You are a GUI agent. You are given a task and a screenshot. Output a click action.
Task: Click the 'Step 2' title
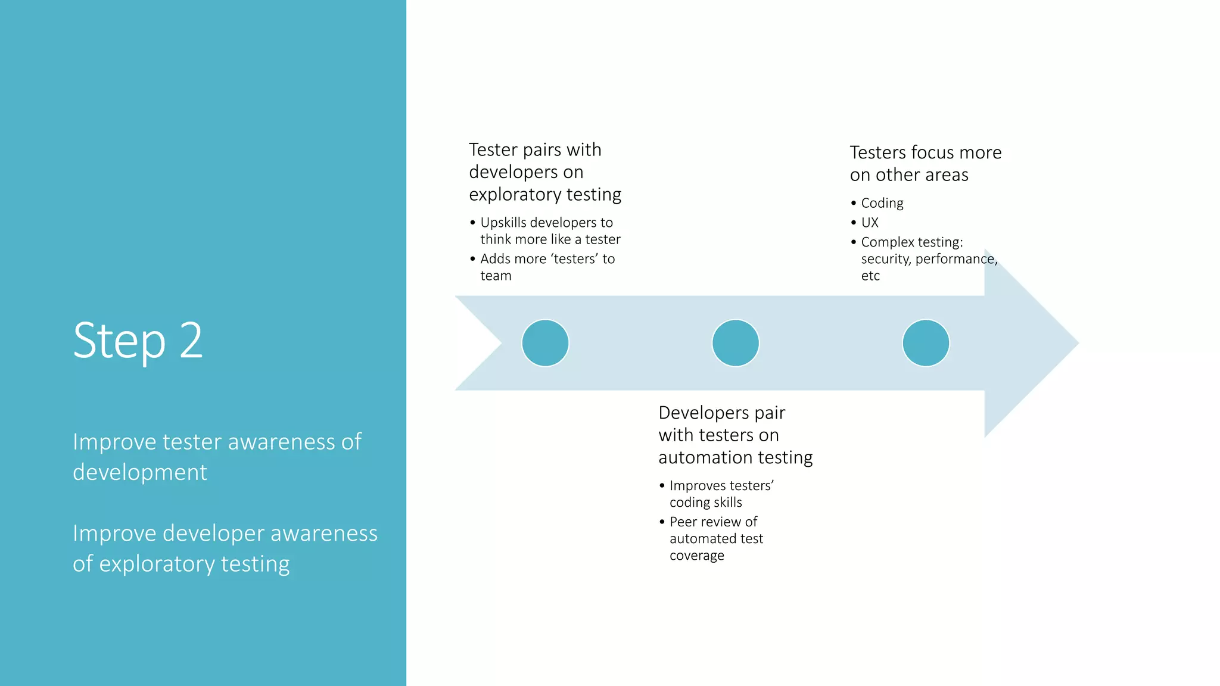pos(138,341)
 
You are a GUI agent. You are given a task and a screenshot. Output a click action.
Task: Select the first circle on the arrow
pos(545,343)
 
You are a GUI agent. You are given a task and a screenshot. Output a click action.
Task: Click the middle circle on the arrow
pos(735,343)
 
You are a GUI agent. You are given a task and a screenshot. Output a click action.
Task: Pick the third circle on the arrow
pos(926,343)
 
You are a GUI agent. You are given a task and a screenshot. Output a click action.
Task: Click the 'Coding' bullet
pos(882,204)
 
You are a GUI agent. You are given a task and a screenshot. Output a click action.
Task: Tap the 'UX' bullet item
pos(870,223)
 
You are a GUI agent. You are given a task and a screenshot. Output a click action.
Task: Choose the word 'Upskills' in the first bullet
pos(503,223)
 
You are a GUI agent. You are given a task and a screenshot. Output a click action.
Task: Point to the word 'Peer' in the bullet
pos(683,522)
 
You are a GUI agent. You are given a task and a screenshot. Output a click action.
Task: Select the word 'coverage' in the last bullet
pos(696,556)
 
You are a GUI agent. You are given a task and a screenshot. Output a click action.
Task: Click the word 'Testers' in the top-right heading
pos(878,153)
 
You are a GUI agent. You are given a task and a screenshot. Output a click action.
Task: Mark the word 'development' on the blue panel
pos(140,472)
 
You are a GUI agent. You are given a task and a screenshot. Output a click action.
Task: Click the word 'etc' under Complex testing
pos(870,276)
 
